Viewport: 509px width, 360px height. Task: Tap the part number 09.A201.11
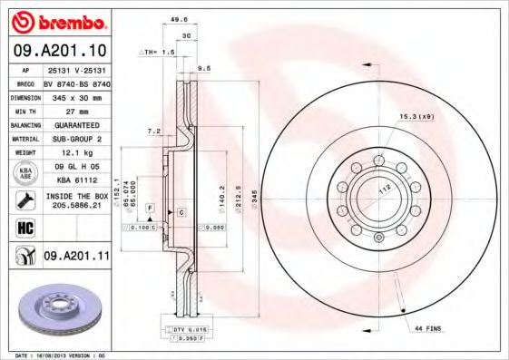pyautogui.click(x=77, y=257)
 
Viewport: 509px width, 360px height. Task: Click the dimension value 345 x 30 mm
pyautogui.click(x=76, y=95)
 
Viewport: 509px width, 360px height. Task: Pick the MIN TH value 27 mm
pyautogui.click(x=76, y=110)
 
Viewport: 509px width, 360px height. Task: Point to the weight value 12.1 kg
pyautogui.click(x=76, y=154)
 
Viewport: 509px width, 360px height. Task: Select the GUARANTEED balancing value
pyautogui.click(x=76, y=124)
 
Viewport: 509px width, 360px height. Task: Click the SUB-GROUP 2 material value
pyautogui.click(x=76, y=139)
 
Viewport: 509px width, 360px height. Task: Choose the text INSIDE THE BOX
pyautogui.click(x=77, y=196)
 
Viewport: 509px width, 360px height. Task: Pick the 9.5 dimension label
pyautogui.click(x=204, y=67)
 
